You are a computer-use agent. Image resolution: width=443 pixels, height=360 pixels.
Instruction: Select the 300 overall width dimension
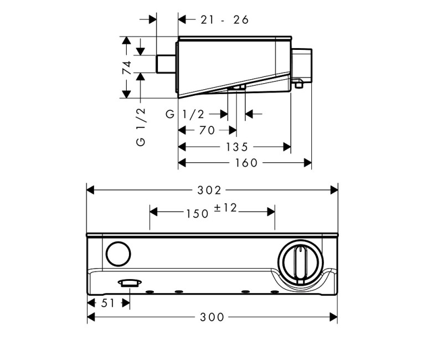[x=213, y=317]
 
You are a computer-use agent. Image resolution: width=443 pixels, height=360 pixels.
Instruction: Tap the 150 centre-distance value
[x=197, y=213]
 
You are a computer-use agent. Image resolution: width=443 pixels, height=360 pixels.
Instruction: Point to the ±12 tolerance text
[x=225, y=208]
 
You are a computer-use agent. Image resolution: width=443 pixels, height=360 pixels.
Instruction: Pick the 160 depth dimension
[x=246, y=163]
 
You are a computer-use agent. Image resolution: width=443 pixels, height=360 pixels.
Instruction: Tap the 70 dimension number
[x=207, y=131]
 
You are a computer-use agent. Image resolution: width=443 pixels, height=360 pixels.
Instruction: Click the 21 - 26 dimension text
[x=224, y=20]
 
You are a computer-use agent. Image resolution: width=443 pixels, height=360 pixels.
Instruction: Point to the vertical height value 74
[x=127, y=68]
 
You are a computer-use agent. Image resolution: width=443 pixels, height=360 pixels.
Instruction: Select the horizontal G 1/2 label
[x=186, y=114]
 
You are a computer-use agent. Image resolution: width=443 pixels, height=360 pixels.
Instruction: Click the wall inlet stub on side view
[x=166, y=64]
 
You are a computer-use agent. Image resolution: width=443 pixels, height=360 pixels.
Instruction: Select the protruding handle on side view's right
[x=302, y=65]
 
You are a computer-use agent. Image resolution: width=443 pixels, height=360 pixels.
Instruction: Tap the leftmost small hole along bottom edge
[x=150, y=292]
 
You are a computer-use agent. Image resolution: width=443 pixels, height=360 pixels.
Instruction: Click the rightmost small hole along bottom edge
[x=274, y=292]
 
